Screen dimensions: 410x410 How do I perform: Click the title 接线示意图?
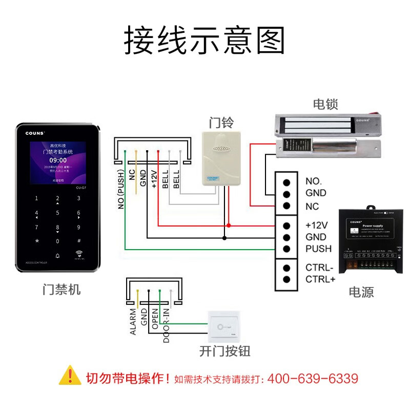click(205, 41)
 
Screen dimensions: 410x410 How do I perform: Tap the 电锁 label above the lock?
click(325, 105)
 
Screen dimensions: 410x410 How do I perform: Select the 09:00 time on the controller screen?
click(57, 160)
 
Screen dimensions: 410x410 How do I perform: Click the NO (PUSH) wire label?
click(121, 189)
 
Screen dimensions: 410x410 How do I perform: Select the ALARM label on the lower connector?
click(133, 322)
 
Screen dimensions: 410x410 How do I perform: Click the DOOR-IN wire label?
click(167, 326)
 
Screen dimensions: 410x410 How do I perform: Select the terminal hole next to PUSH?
click(287, 249)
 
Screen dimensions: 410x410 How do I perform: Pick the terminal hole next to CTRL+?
click(287, 279)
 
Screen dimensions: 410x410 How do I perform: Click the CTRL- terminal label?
click(319, 268)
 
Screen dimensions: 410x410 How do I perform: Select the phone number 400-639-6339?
click(313, 379)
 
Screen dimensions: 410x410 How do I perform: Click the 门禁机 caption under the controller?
click(61, 290)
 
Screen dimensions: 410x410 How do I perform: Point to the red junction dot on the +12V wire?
click(229, 225)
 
